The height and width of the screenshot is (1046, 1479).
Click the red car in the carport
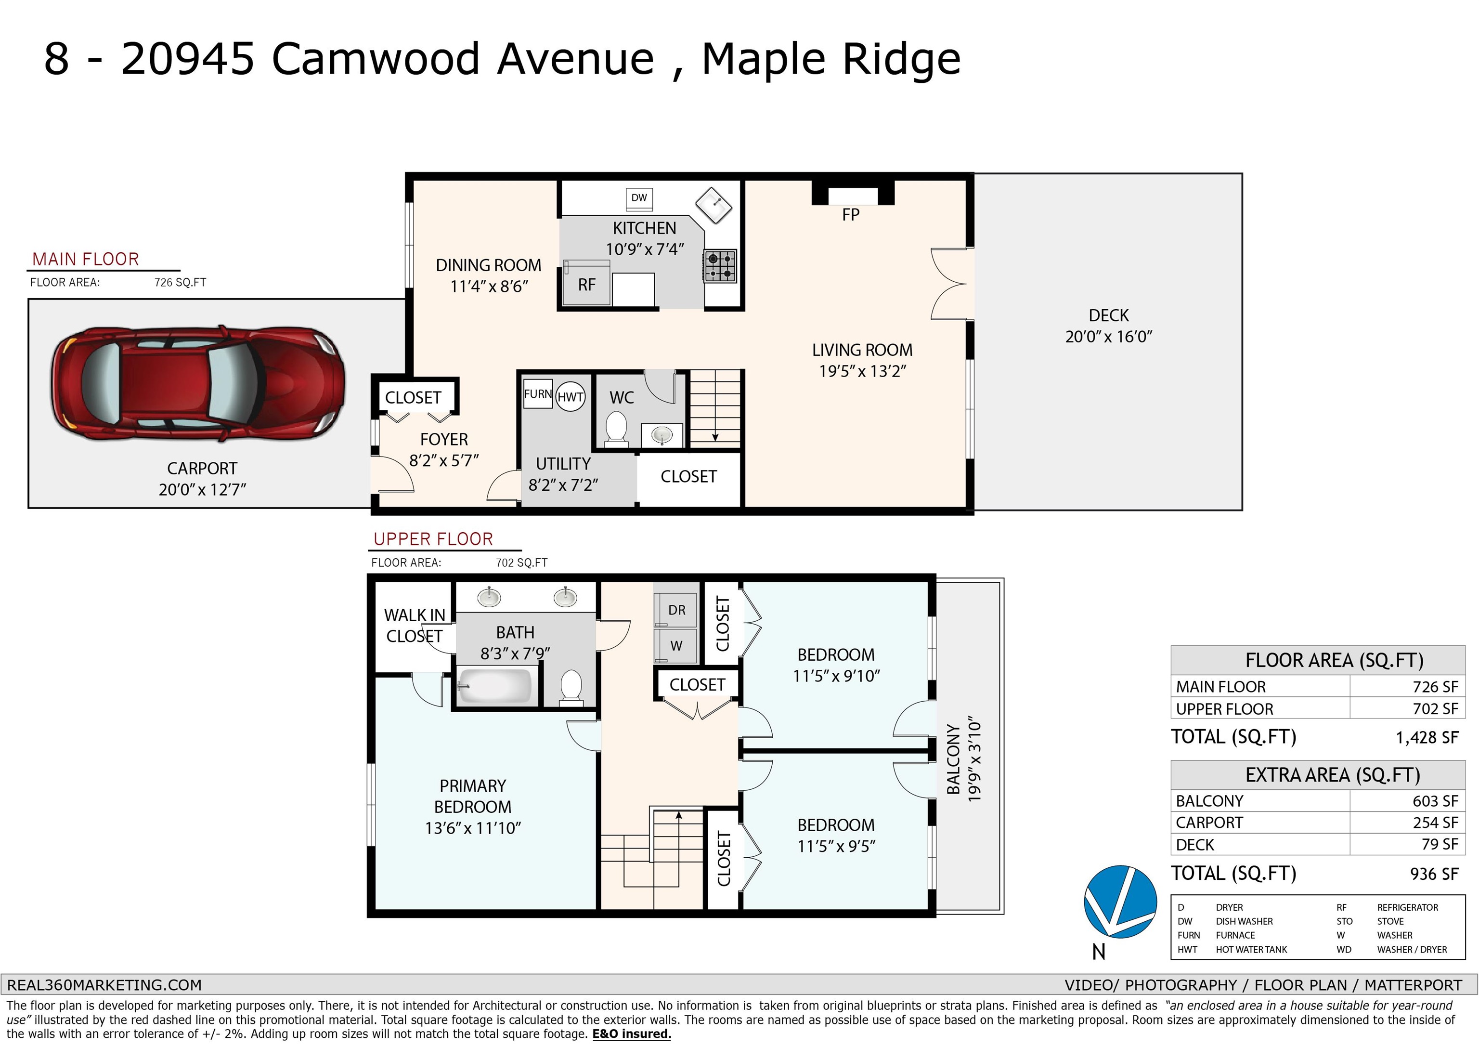tap(198, 383)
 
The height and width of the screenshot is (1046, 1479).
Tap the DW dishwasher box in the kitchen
tap(639, 198)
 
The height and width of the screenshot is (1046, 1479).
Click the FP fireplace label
tap(850, 215)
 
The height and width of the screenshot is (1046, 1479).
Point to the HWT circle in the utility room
tap(570, 397)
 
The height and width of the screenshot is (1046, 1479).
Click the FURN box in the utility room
tap(538, 394)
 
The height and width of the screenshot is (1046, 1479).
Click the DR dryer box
tap(676, 610)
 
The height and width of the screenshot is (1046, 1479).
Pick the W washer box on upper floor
tap(676, 646)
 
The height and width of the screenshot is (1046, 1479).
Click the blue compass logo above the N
tap(1120, 902)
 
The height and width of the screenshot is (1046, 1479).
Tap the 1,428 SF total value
tap(1427, 737)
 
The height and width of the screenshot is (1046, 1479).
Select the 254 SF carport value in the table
tap(1435, 823)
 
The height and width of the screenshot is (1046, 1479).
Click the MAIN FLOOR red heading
tap(86, 259)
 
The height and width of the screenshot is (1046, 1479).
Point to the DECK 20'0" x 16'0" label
tap(1109, 326)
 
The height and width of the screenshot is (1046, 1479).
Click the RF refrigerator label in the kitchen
tap(586, 285)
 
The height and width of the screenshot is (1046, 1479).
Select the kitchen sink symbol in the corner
tap(715, 205)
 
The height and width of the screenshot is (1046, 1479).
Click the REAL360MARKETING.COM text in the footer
tap(104, 985)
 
